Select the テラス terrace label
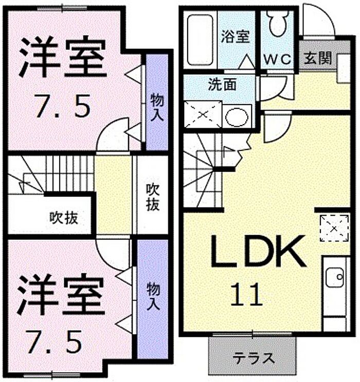tap(254, 358)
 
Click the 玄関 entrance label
tap(318, 58)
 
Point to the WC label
tap(278, 59)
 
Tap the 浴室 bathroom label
tap(235, 37)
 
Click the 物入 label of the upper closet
tap(157, 107)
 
